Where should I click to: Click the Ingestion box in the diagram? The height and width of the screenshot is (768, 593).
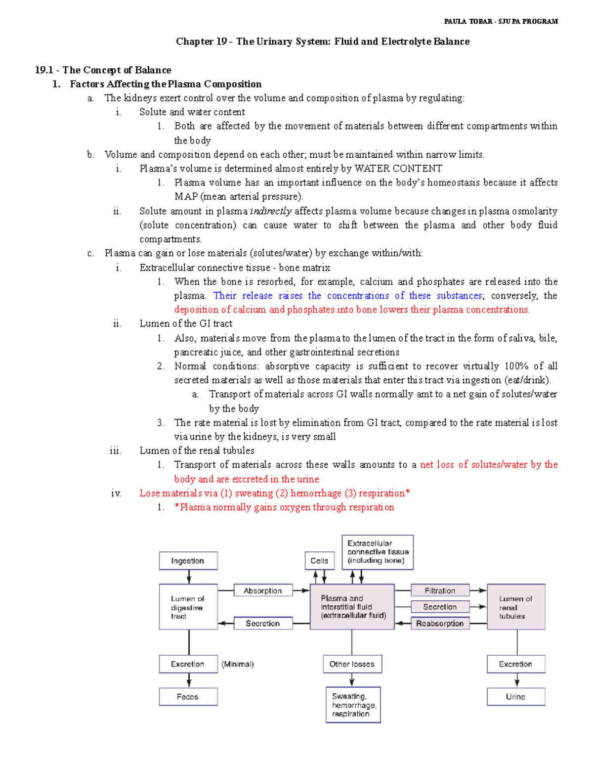coord(188,561)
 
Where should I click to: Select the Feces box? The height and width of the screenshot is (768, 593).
coord(188,697)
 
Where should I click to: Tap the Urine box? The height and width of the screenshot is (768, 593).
coord(516,697)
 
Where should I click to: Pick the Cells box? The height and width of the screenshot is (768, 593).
coord(319,561)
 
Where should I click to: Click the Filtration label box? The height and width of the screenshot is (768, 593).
coord(440,590)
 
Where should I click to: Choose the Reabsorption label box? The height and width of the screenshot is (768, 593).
coord(440,624)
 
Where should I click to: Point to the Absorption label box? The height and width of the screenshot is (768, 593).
coord(262,590)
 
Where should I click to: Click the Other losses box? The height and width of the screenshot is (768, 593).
coord(352,664)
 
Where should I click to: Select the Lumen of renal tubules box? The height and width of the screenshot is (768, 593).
coord(516,607)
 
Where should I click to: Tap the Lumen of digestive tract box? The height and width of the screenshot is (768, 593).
coord(188,607)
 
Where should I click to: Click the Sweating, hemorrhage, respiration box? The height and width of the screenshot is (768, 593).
coord(353,705)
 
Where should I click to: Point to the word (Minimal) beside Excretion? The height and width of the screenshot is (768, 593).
coord(238,664)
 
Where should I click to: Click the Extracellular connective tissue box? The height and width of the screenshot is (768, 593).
coord(378,552)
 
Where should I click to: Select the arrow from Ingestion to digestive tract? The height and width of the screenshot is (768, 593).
coord(189,577)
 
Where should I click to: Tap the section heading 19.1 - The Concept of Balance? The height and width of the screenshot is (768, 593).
coord(103,70)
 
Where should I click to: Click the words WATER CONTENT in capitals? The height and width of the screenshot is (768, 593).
coord(398,169)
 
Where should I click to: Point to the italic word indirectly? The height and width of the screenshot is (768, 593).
coord(271,211)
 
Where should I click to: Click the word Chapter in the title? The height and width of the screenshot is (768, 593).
coord(195,42)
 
